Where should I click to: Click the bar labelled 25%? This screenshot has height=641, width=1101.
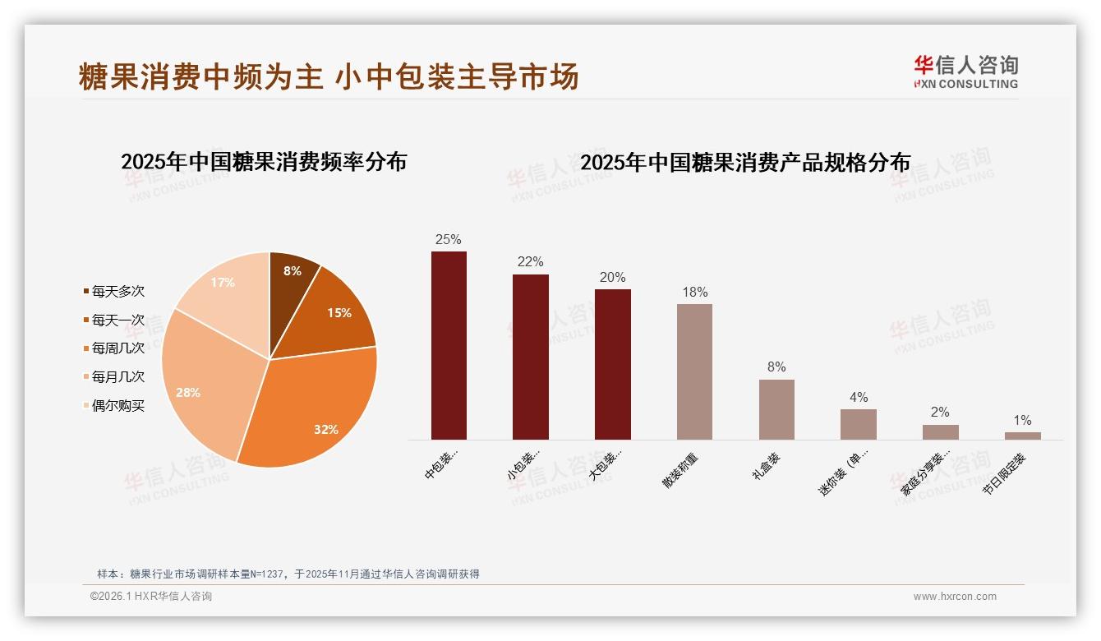pyautogui.click(x=449, y=345)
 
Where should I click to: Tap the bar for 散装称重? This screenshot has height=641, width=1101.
pyautogui.click(x=694, y=371)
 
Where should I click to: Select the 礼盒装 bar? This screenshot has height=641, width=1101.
pyautogui.click(x=776, y=409)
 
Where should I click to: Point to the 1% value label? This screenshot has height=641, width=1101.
pyautogui.click(x=1022, y=420)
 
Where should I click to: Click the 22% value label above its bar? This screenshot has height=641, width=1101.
pyautogui.click(x=530, y=261)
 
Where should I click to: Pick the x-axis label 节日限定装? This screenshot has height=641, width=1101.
pyautogui.click(x=1005, y=473)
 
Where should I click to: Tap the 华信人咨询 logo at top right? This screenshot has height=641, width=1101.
pyautogui.click(x=965, y=71)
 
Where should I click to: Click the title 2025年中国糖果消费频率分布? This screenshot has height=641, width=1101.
pyautogui.click(x=264, y=162)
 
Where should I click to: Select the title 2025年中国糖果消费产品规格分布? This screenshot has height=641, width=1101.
pyautogui.click(x=745, y=163)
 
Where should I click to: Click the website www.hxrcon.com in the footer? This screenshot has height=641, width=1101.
pyautogui.click(x=955, y=597)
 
